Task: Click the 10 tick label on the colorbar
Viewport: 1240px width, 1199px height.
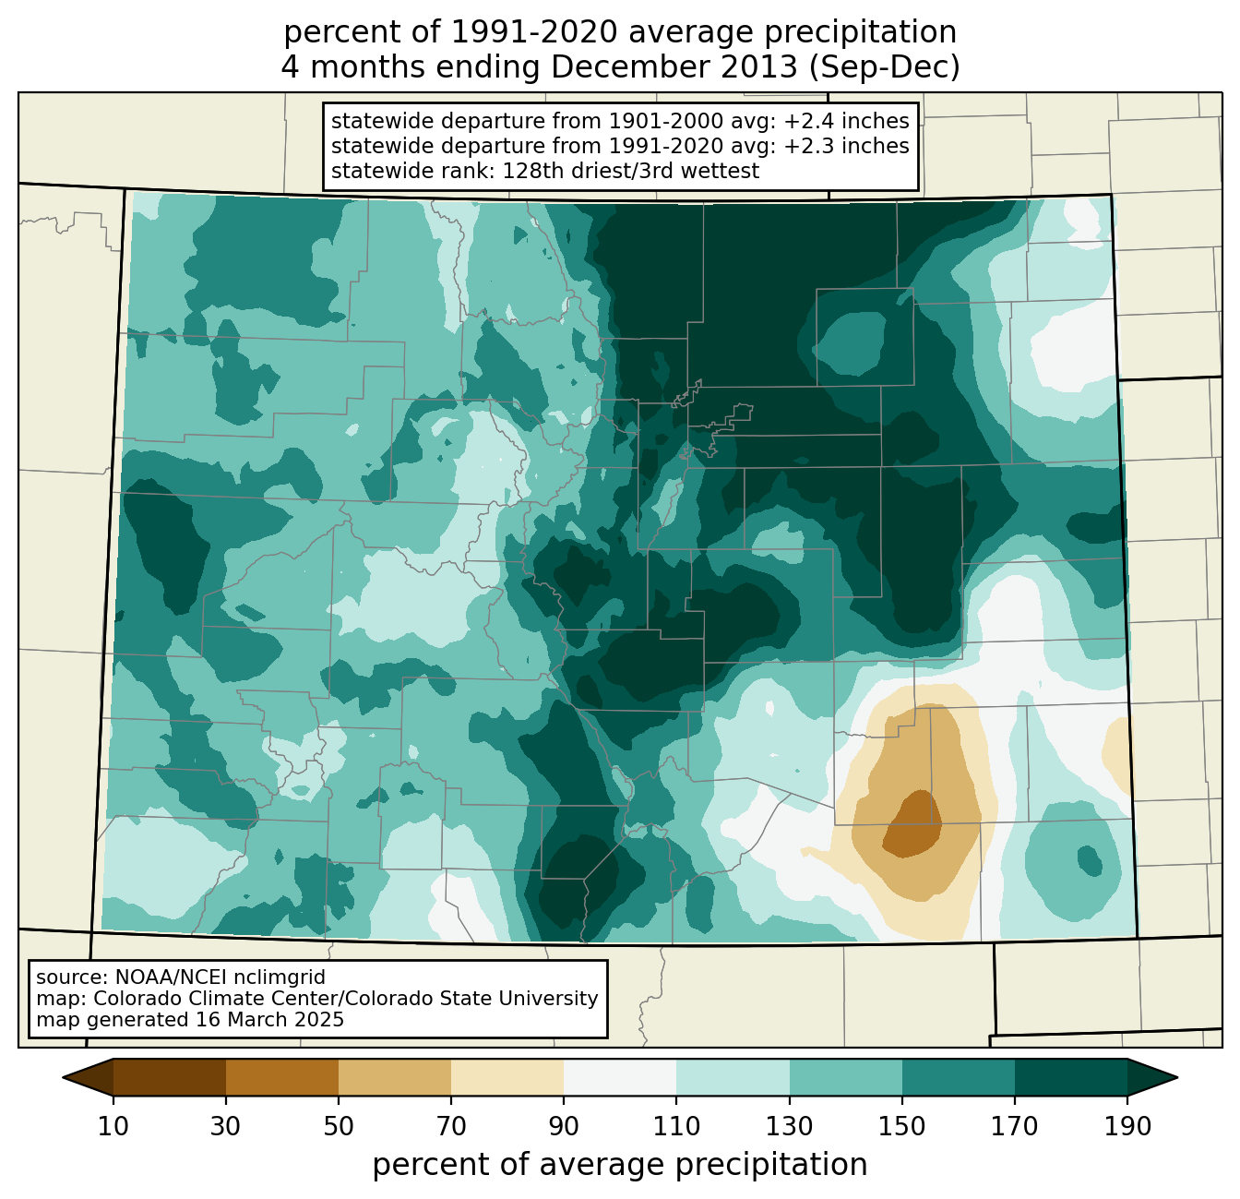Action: click(x=113, y=1127)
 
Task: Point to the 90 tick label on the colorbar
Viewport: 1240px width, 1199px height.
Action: click(x=564, y=1127)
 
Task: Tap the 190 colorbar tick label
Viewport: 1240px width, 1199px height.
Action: click(x=1127, y=1127)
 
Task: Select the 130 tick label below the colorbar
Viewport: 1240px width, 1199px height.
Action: click(x=789, y=1127)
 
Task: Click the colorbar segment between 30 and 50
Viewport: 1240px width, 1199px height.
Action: click(x=281, y=1077)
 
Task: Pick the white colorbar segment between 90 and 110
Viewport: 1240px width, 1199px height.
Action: click(x=620, y=1077)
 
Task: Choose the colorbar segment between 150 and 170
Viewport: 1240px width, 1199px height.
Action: click(x=958, y=1077)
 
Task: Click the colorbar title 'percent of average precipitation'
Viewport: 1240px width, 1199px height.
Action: click(x=620, y=1165)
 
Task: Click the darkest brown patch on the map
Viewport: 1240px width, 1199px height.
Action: click(x=912, y=823)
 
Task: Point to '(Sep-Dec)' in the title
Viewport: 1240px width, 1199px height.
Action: click(x=884, y=67)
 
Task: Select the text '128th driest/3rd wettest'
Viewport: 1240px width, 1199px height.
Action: click(x=631, y=171)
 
